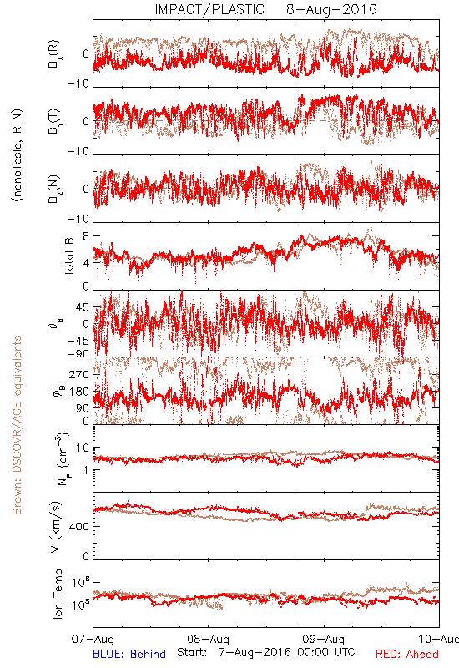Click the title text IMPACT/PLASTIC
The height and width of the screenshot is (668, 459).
[209, 9]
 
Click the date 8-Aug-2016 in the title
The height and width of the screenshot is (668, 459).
[331, 9]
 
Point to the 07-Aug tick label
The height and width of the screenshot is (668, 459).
[93, 639]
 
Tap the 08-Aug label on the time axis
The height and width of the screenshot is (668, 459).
[208, 639]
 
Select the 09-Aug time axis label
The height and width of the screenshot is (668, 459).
[324, 639]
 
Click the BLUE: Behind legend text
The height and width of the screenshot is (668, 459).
[129, 654]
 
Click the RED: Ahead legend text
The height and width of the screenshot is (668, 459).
[406, 654]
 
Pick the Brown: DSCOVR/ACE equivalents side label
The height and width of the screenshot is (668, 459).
[17, 425]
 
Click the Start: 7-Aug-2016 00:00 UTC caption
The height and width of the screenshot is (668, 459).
[266, 652]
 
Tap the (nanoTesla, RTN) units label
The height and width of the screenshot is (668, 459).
[18, 155]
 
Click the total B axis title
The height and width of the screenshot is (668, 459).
[69, 256]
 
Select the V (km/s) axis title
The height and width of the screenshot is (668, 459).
[56, 527]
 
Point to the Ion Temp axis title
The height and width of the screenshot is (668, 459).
[58, 594]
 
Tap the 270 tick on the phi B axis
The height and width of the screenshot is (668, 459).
[80, 374]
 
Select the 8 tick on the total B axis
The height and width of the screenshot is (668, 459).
[87, 236]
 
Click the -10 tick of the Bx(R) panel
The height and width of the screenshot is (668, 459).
[78, 83]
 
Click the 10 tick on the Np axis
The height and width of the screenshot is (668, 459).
[83, 448]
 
